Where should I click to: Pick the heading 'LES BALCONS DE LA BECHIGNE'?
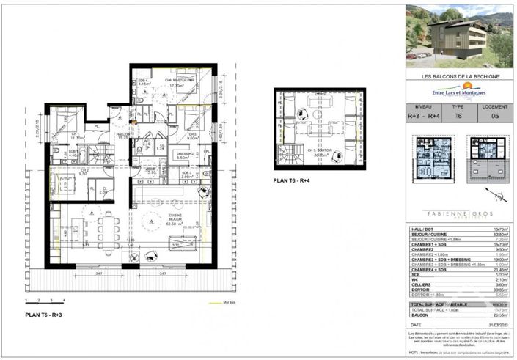(460, 76)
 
